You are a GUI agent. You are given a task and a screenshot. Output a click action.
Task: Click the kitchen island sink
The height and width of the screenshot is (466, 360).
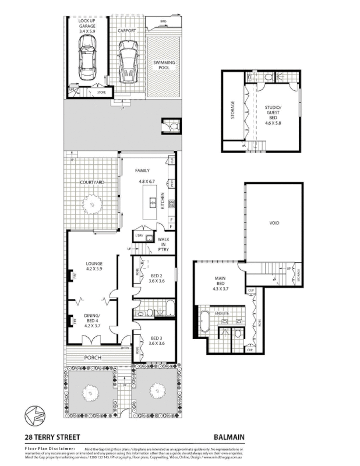coord(153,203)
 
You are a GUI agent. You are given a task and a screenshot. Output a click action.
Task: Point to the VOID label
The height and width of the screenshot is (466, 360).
coord(274,223)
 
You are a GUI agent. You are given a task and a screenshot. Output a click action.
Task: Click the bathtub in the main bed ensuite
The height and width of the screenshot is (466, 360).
coord(205,321)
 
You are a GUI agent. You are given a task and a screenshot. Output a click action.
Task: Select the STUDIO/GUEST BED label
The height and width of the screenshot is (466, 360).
coord(272,112)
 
